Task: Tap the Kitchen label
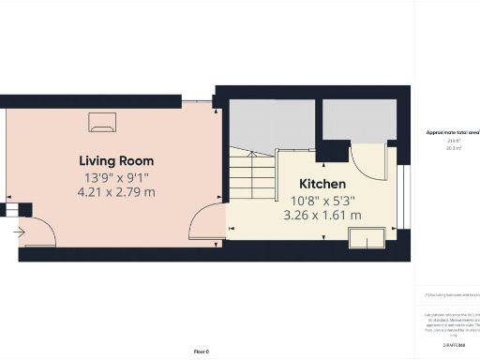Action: (322, 184)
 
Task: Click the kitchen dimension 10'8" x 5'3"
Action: (322, 200)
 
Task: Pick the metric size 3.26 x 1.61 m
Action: (322, 215)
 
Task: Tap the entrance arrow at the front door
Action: (20, 229)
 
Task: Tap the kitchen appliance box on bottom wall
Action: (366, 237)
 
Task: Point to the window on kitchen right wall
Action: (407, 197)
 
